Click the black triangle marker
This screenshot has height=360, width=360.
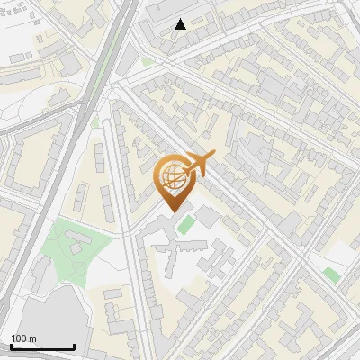pos(181,24)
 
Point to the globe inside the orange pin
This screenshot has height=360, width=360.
pos(171,177)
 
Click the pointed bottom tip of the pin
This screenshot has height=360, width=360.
pos(171,212)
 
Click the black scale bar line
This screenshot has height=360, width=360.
pos(42,346)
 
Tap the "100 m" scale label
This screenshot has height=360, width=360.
pos(24,338)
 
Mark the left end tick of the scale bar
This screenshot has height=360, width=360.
pos(11,345)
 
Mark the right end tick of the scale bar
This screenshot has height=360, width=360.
pos(74,345)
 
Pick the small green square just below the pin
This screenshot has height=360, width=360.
pos(185,223)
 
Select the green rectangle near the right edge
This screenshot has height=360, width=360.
pos(332,274)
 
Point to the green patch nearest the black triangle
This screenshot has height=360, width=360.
pos(147,61)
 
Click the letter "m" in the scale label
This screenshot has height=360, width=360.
pos(33,338)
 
